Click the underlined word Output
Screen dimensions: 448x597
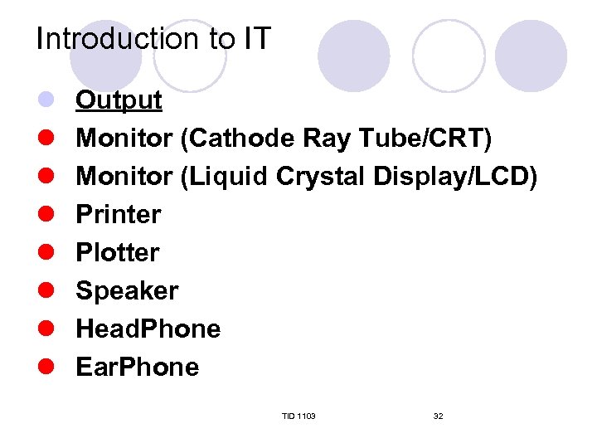(119, 100)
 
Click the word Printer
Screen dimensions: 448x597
(118, 214)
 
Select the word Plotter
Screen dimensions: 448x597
(117, 252)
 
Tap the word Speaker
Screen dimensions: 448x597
(127, 290)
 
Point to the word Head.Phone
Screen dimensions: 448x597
(148, 329)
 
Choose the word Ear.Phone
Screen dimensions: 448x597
(137, 367)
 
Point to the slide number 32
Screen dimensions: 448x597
(438, 416)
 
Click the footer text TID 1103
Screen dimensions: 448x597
(298, 416)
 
